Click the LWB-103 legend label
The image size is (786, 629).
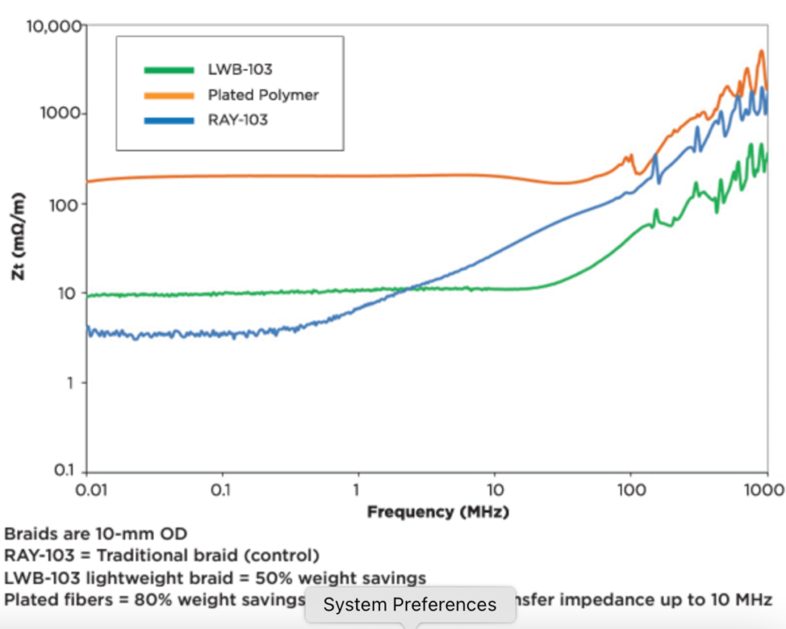[x=240, y=70]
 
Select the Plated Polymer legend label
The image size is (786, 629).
[x=263, y=95]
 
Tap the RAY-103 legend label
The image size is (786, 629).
[x=237, y=120]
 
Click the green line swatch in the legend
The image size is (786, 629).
[x=168, y=70]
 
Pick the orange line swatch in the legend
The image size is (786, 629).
[x=168, y=95]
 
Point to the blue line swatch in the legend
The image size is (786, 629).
[x=168, y=120]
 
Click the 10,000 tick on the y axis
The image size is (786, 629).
[x=54, y=26]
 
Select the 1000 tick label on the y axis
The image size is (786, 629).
[x=61, y=113]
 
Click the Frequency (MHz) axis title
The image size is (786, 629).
[x=438, y=511]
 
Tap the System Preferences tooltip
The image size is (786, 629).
[x=410, y=604]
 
